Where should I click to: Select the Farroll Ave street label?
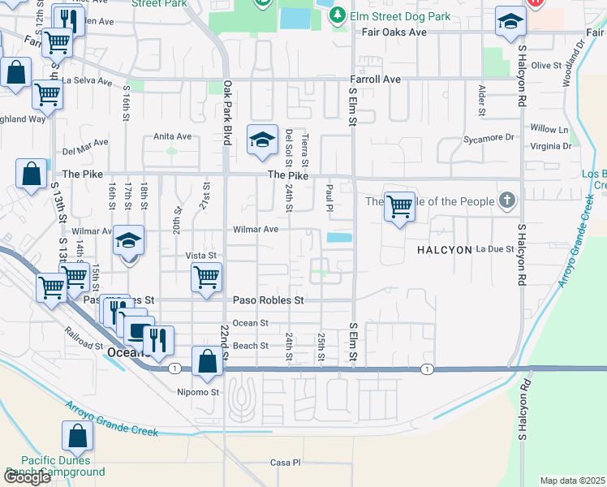coord(375,80)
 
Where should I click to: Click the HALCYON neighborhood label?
coord(444,250)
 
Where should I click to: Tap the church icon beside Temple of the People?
coord(507,200)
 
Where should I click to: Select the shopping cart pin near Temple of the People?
coord(399,207)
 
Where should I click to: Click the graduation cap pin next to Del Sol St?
coord(263,141)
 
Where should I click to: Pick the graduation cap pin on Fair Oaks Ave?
coord(510,22)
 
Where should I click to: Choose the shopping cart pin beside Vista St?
coord(206,277)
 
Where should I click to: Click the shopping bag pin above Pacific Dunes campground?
coord(78,437)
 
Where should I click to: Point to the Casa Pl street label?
coord(285,463)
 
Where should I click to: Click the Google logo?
coord(28,477)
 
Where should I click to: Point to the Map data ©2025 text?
coord(572,481)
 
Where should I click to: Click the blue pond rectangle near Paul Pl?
coord(339,238)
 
